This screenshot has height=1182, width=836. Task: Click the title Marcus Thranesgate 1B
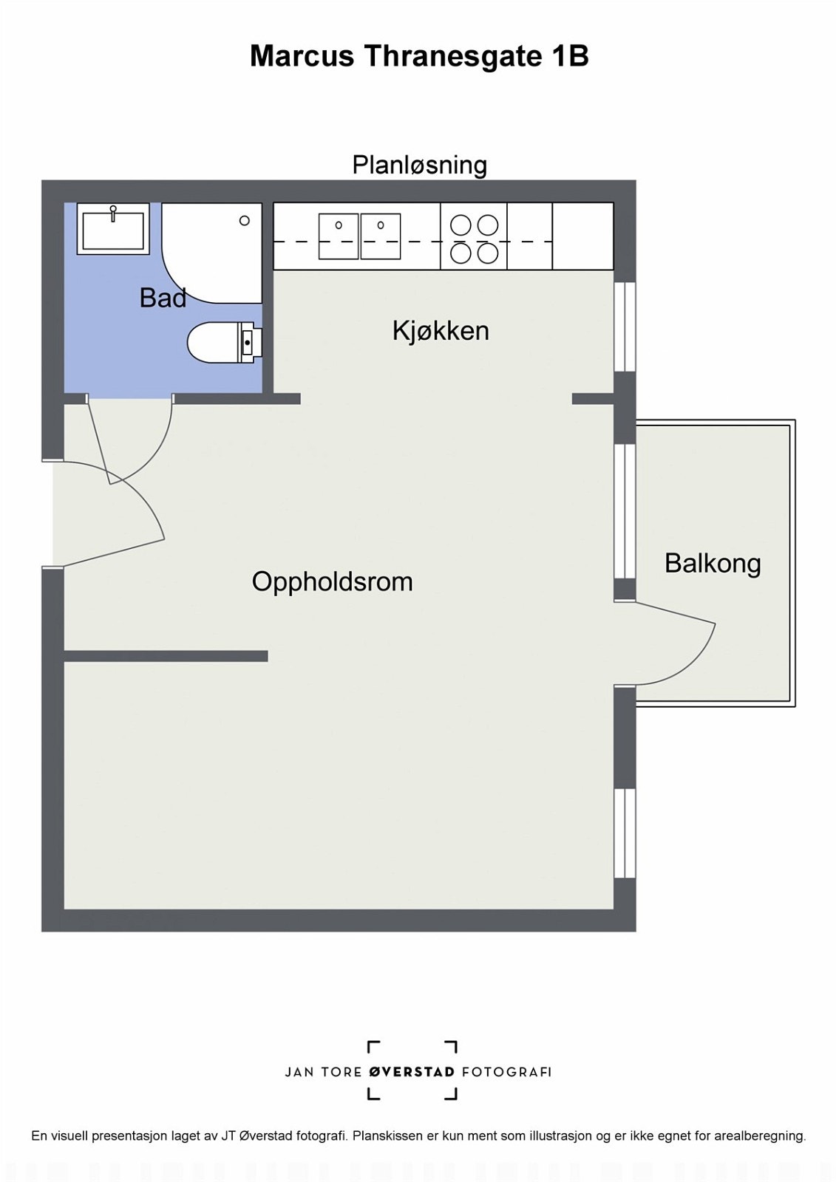coord(418,56)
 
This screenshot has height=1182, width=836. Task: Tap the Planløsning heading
coord(419,164)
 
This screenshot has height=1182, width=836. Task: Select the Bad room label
coord(163,298)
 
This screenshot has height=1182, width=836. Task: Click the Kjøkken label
coord(441,330)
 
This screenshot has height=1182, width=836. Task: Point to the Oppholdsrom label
coord(332,581)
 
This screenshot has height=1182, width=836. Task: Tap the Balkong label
coord(712,563)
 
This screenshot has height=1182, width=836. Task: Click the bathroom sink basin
coord(113,229)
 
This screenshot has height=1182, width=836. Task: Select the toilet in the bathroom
coord(218,343)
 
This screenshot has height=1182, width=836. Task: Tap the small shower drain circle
coord(245,220)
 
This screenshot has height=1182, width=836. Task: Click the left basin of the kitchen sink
coord(339,236)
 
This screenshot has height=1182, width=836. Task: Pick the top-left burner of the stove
coord(461,225)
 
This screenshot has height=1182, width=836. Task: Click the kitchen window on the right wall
coord(625,327)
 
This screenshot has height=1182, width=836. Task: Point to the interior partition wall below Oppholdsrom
coord(166,656)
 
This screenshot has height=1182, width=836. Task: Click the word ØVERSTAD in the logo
coord(412,1072)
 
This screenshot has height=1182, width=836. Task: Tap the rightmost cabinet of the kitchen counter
coord(582,236)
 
